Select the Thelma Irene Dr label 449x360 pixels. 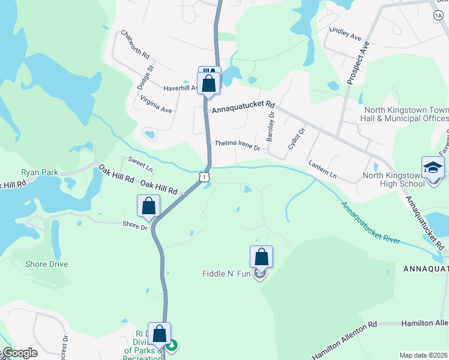pos(238,145)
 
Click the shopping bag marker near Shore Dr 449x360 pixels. pos(149,206)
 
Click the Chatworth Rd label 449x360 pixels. pos(135,44)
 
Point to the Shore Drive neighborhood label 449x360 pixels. pos(46,264)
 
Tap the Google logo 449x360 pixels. pos(20,353)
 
